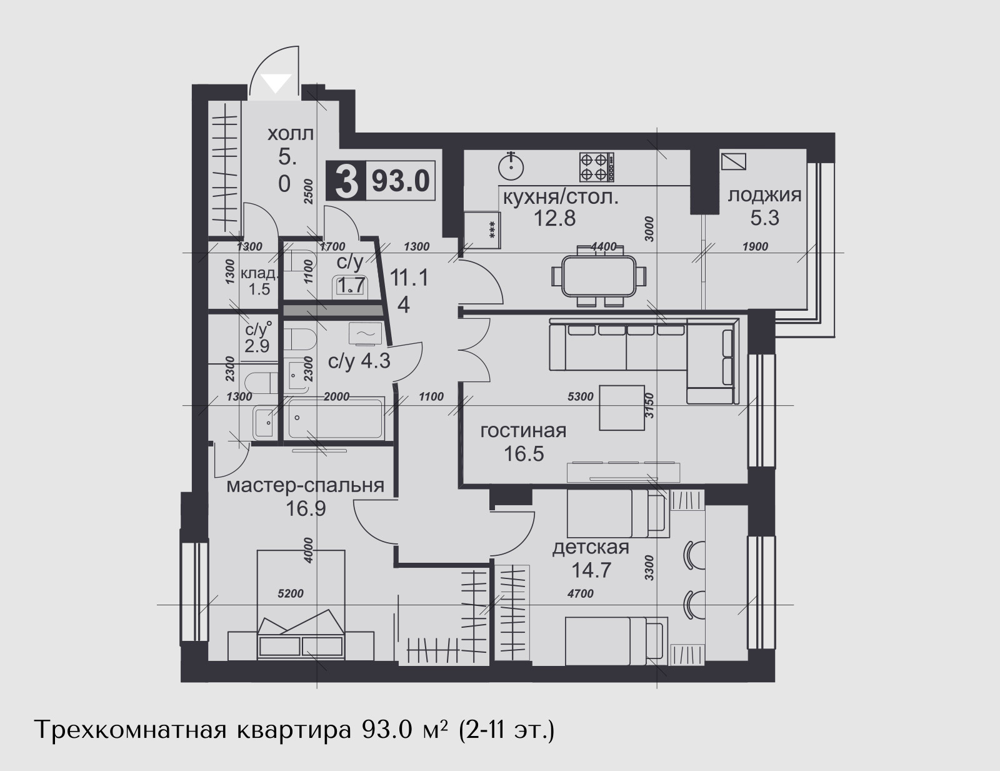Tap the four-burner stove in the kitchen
click(x=596, y=167)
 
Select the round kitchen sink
click(x=511, y=166)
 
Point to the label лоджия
click(x=764, y=196)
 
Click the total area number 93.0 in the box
click(x=401, y=181)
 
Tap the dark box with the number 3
click(x=346, y=180)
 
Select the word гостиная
click(x=523, y=431)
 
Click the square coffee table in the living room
click(x=622, y=407)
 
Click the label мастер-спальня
click(x=305, y=486)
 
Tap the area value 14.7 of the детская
click(x=591, y=570)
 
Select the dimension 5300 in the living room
click(x=580, y=396)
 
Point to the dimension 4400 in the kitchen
click(x=603, y=247)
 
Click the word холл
click(x=291, y=134)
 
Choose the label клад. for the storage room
click(x=259, y=273)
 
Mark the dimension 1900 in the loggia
click(x=755, y=247)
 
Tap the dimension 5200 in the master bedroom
click(x=291, y=594)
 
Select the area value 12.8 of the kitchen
click(x=554, y=219)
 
